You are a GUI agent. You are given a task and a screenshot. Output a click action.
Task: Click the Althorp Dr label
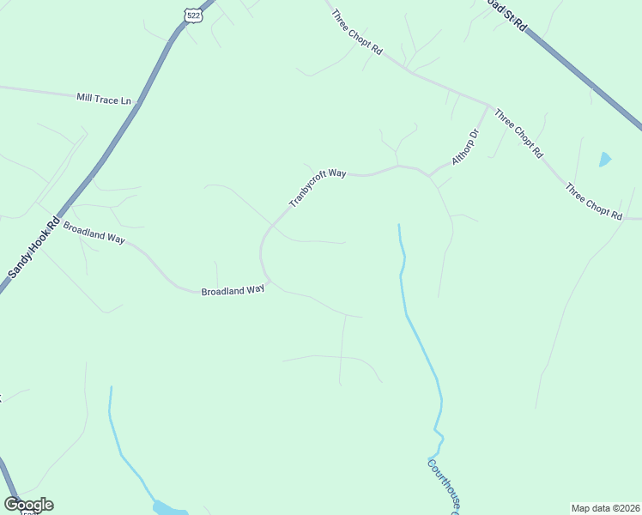coord(464,148)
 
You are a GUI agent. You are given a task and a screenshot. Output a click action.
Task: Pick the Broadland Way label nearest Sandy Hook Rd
coord(94,233)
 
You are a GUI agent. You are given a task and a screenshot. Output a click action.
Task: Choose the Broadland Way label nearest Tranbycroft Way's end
coord(233,291)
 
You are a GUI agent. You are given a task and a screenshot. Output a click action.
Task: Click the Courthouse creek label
coord(447,486)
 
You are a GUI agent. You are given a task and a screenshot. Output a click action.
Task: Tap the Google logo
coord(28,505)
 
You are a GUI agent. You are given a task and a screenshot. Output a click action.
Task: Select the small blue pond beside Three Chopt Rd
coord(605,159)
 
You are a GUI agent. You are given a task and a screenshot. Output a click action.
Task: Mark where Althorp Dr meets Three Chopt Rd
coord(489,106)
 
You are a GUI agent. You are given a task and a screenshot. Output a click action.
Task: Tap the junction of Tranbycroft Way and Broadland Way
coord(270,280)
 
